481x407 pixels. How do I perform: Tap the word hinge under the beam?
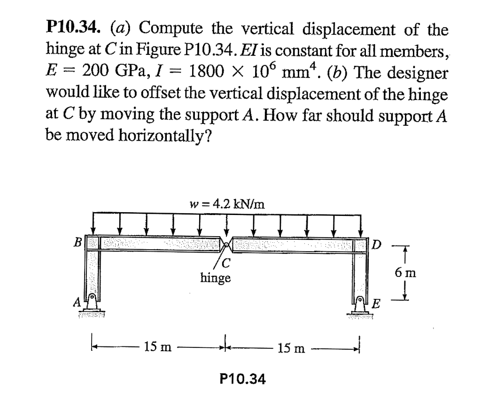point(216,278)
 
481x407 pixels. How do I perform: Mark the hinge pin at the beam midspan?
point(226,244)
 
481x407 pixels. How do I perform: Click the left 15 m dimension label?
point(157,348)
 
